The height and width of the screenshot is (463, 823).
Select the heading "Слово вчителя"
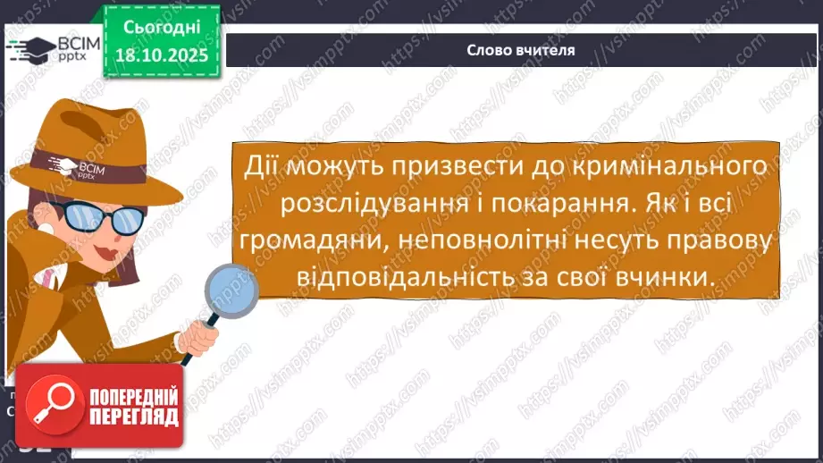pos(520,50)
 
